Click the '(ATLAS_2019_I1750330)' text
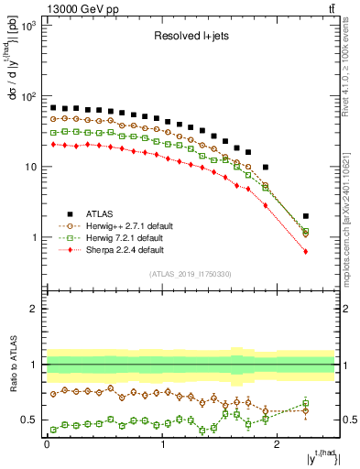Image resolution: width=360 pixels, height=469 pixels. pyautogui.click(x=191, y=274)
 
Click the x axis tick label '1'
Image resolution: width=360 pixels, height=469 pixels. pyautogui.click(x=162, y=443)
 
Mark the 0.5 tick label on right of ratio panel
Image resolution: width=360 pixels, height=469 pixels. pyautogui.click(x=349, y=420)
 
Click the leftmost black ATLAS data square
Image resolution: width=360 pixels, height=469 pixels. pyautogui.click(x=53, y=107)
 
